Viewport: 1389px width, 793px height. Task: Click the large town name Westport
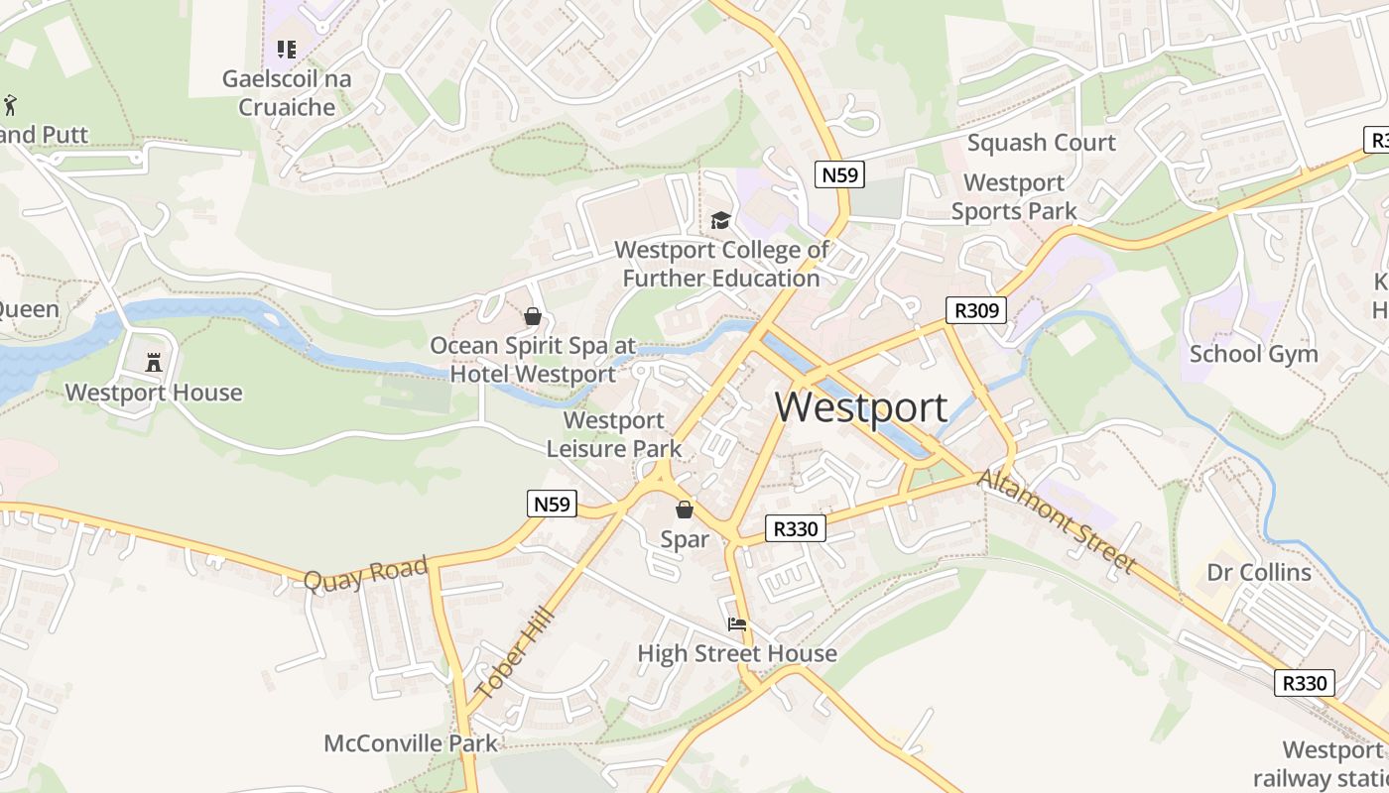pyautogui.click(x=861, y=407)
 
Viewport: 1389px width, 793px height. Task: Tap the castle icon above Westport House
pyautogui.click(x=154, y=363)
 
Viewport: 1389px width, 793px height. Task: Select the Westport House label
pyautogui.click(x=154, y=393)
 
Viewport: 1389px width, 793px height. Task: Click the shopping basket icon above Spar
pyautogui.click(x=685, y=510)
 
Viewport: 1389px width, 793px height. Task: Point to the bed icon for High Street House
pyautogui.click(x=737, y=624)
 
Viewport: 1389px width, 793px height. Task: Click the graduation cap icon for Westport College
pyautogui.click(x=720, y=220)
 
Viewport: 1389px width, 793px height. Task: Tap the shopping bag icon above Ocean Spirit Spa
pyautogui.click(x=533, y=316)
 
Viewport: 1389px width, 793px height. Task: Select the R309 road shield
pyautogui.click(x=975, y=311)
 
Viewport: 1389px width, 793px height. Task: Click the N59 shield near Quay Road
pyautogui.click(x=552, y=504)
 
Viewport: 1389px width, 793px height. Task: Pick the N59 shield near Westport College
pyautogui.click(x=840, y=174)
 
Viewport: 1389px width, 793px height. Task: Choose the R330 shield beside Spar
pyautogui.click(x=796, y=528)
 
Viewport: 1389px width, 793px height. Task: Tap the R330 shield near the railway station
pyautogui.click(x=1304, y=683)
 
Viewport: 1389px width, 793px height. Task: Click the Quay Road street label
pyautogui.click(x=365, y=574)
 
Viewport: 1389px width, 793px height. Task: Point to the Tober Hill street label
pyautogui.click(x=512, y=654)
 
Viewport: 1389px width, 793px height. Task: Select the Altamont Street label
pyautogui.click(x=1058, y=520)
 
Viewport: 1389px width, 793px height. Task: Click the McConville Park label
pyautogui.click(x=411, y=742)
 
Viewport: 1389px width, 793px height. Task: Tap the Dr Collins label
pyautogui.click(x=1259, y=572)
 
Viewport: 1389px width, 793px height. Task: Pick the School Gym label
pyautogui.click(x=1253, y=354)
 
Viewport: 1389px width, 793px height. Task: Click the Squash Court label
pyautogui.click(x=1042, y=143)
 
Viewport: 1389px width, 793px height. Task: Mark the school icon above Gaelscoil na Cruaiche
pyautogui.click(x=287, y=49)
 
